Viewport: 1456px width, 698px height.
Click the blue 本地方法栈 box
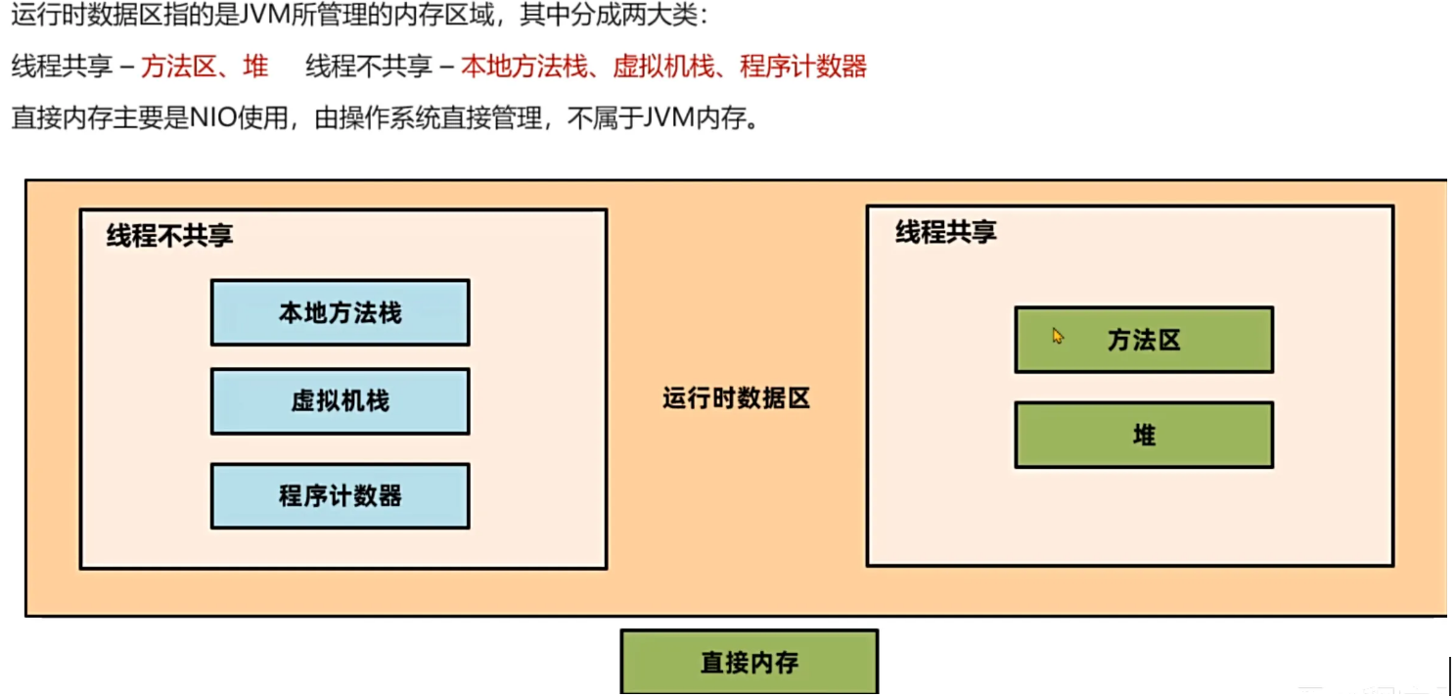pos(340,312)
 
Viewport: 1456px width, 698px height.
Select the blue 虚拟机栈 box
pos(340,401)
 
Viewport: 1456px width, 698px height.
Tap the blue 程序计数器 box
pos(340,495)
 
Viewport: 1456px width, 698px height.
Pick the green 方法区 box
pos(1144,340)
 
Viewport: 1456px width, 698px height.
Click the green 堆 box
pos(1144,435)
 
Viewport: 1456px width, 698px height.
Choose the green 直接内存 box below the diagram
pos(750,663)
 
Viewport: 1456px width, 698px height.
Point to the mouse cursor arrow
pos(1057,336)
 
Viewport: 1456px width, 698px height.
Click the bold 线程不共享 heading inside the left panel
pos(170,236)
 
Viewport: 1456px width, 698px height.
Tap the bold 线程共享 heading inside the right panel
pos(946,232)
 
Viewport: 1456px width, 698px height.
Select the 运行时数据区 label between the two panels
pos(737,398)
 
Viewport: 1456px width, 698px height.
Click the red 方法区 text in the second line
pos(179,67)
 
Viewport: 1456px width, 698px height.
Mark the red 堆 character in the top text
pos(256,67)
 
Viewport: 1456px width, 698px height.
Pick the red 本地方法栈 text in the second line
pos(523,67)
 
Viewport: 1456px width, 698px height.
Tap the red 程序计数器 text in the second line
pos(803,67)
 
